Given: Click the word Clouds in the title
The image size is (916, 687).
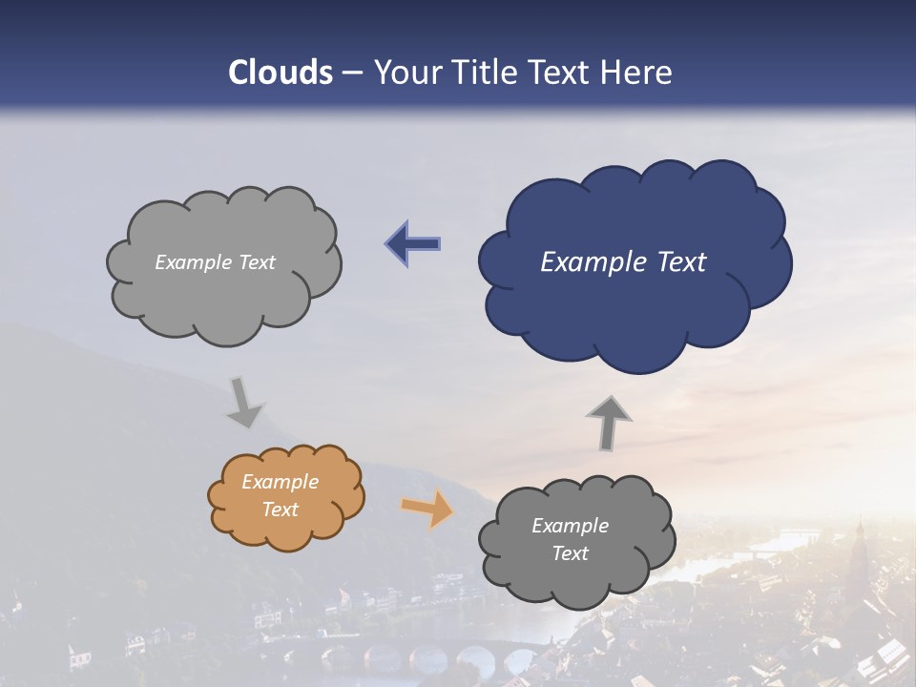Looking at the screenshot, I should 280,73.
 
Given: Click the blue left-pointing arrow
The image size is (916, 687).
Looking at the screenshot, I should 412,244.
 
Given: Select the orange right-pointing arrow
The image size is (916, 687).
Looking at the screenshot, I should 427,509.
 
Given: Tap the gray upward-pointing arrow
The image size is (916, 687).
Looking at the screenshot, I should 608,423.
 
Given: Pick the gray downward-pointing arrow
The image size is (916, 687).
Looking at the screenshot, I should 244,402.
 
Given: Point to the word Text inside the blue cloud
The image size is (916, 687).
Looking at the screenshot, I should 681,262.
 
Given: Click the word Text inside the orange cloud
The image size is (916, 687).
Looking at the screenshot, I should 281,510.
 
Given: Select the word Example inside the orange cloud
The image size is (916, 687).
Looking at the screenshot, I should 281,482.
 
